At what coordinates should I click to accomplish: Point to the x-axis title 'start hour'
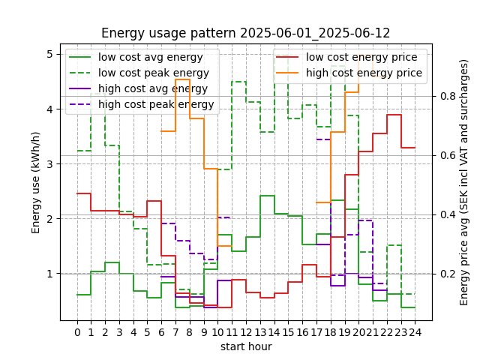click(x=245, y=346)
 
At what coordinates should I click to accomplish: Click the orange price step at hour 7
click(x=182, y=79)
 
